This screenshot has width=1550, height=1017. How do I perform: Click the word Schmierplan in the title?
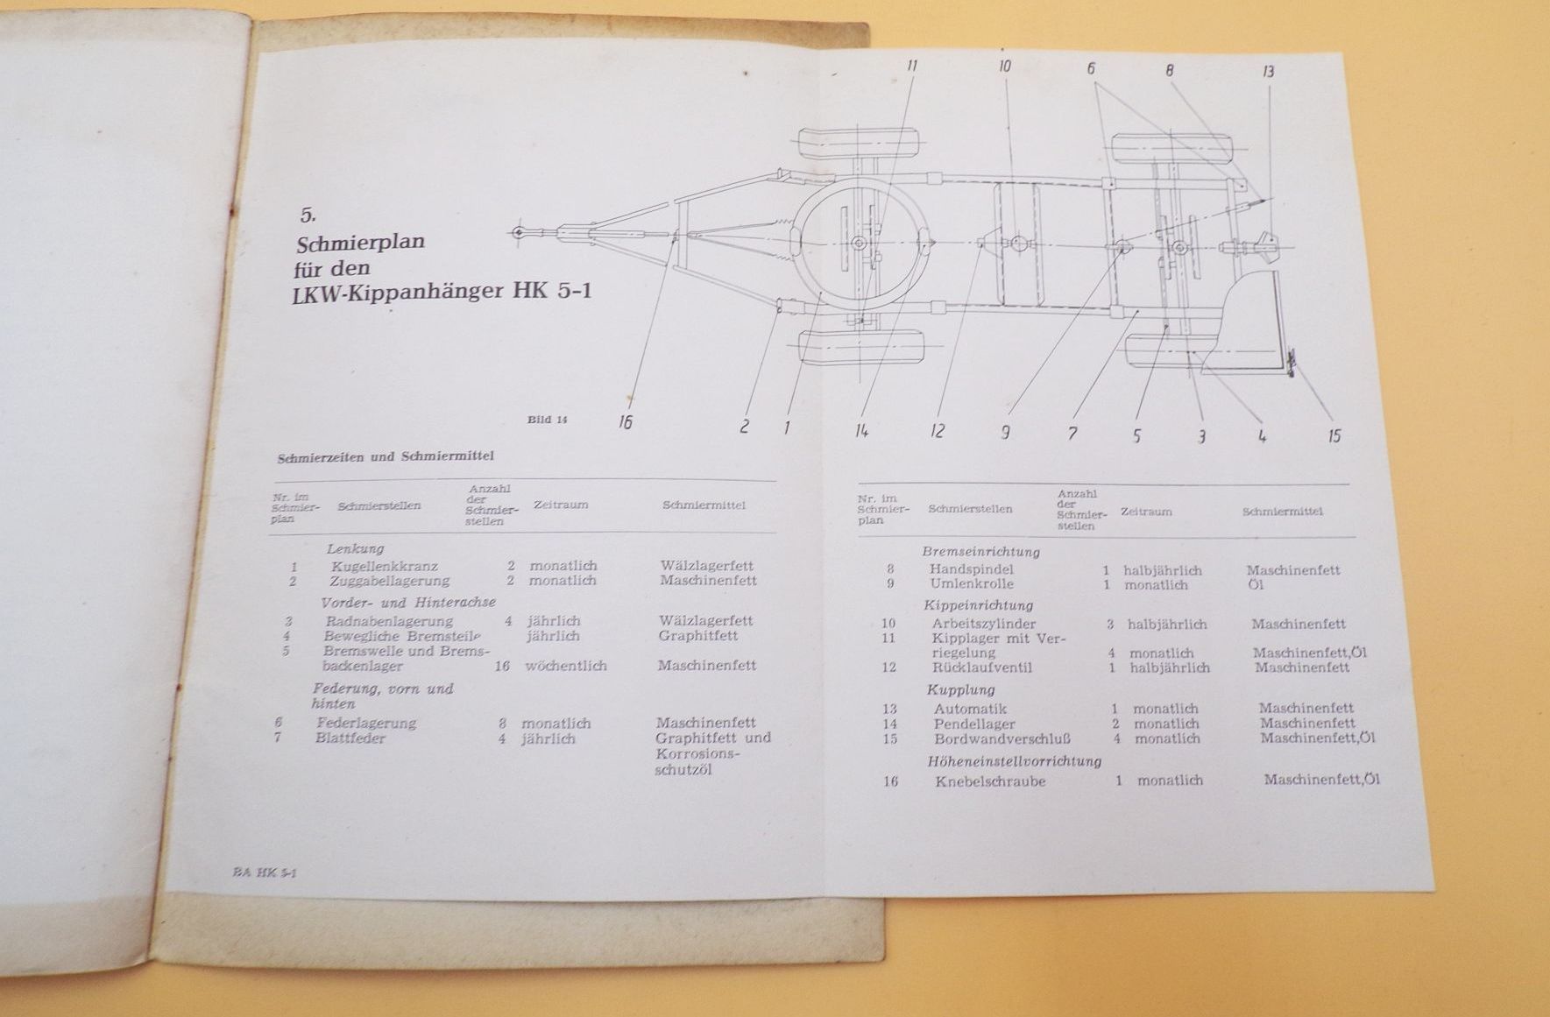pos(361,242)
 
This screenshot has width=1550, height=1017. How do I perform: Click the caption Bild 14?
pos(547,420)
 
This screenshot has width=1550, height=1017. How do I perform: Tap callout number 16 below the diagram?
pos(625,422)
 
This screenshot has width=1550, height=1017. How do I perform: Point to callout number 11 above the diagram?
pos(912,67)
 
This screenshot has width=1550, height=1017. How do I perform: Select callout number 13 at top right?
pos(1268,72)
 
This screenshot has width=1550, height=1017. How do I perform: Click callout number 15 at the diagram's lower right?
pos(1334,435)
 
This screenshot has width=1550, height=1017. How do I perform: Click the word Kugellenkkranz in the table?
pos(385,566)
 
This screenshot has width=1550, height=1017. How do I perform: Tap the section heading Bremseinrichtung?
pos(980,552)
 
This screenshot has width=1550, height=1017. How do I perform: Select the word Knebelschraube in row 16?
pos(990,781)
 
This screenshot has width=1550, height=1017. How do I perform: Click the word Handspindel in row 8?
pos(971,569)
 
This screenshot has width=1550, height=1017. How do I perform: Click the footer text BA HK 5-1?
pos(265,872)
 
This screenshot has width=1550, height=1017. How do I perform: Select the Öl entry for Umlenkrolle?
pos(1255,584)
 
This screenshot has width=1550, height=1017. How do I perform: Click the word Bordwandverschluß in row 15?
pos(1001,738)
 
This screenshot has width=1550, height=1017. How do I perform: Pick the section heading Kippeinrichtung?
pos(978,605)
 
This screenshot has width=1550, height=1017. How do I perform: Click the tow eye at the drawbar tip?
pos(520,232)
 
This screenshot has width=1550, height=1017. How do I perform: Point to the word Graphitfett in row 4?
pos(697,636)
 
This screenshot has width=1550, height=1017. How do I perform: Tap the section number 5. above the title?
pos(307,214)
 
